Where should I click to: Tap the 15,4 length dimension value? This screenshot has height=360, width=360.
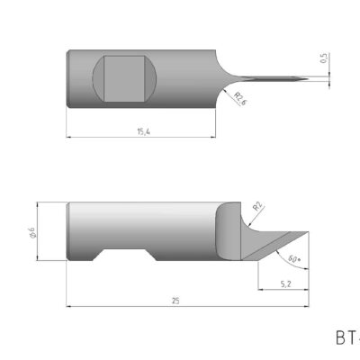143,131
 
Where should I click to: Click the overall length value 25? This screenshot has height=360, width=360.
176,301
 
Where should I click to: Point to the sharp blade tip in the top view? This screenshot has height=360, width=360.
307,79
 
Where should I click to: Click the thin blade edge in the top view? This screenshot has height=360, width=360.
270,78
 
